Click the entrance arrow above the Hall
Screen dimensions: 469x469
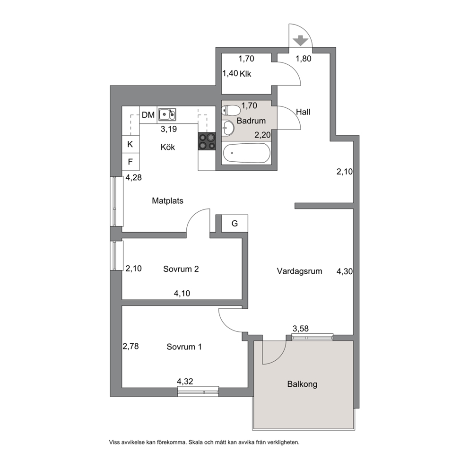pos(300,40)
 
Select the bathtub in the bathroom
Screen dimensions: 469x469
pos(246,153)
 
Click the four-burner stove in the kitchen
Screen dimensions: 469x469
pos(207,141)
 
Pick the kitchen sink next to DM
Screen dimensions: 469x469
pos(167,114)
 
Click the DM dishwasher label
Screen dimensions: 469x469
pos(148,115)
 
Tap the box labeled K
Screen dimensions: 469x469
pos(130,145)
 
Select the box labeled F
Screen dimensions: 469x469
pos(130,162)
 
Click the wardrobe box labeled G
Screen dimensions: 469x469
pos(234,223)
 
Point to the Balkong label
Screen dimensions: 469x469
pos(302,384)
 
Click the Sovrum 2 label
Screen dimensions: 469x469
pos(181,269)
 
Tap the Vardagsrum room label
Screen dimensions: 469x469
pos(299,271)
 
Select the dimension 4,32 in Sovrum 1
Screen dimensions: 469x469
pos(185,382)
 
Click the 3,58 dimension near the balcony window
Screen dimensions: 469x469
pos(301,329)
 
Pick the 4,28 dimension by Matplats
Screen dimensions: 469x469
pos(133,178)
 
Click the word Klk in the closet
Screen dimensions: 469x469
pos(245,74)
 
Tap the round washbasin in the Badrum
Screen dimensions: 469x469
pos(228,128)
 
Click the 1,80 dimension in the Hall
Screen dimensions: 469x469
pos(304,59)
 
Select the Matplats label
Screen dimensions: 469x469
pos(167,201)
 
